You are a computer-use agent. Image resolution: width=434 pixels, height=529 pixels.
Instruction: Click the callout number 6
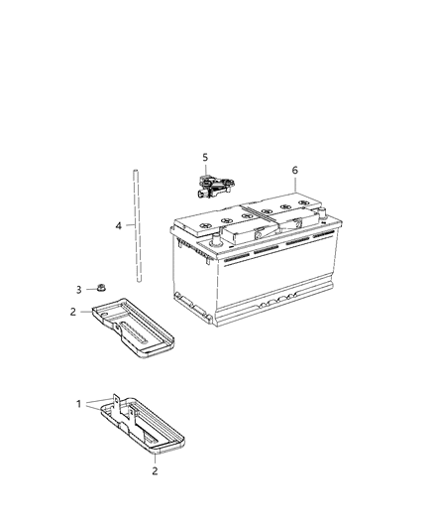[x=294, y=170]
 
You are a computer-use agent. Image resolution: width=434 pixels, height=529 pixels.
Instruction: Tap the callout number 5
[x=206, y=157]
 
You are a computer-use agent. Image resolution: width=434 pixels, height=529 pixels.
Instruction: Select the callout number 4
[x=118, y=226]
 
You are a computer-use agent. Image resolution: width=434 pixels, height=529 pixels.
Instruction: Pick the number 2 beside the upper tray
[x=72, y=313]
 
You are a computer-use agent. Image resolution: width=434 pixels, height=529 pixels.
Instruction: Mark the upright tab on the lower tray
[x=116, y=402]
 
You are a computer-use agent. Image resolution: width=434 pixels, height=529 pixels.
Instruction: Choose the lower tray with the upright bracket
[x=149, y=427]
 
